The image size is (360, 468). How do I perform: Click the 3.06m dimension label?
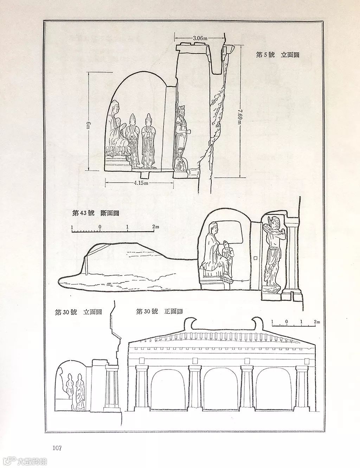point(200,38)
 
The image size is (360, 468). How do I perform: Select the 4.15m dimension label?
point(141,183)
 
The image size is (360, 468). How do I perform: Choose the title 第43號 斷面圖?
point(94,213)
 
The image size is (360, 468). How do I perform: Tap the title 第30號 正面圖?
point(159,311)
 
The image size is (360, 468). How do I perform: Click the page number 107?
point(57,448)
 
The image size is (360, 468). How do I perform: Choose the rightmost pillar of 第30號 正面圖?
point(302,387)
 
